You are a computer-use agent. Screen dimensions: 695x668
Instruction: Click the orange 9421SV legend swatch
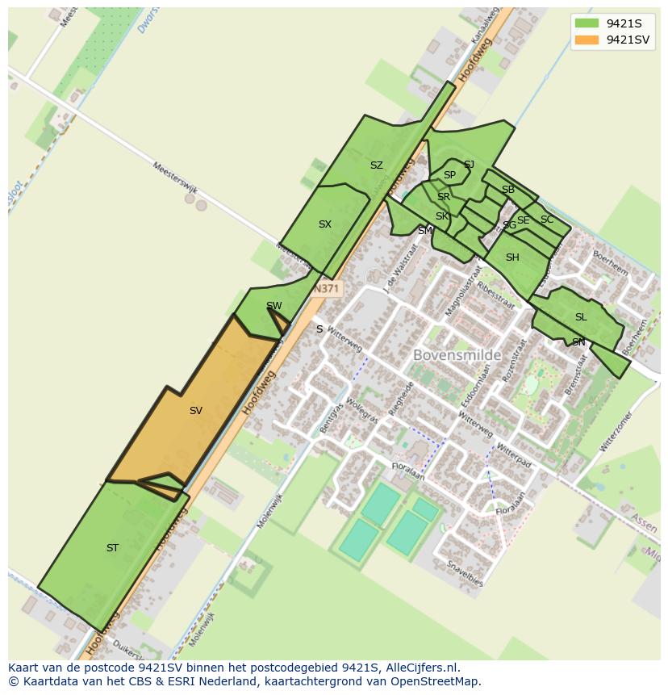[x=587, y=40]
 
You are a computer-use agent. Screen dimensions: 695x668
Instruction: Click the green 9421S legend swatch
[x=587, y=23]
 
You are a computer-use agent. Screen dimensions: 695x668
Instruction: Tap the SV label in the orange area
[x=195, y=411]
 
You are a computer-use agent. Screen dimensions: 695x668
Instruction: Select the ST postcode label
[x=112, y=548]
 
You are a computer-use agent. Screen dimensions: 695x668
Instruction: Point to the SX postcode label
[x=324, y=224]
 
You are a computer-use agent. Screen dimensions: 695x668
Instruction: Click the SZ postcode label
[x=376, y=165]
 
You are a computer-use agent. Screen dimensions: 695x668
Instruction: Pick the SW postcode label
[x=274, y=306]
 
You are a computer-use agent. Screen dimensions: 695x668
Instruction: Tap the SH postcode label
[x=512, y=258]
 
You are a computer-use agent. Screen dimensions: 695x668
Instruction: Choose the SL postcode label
[x=581, y=317]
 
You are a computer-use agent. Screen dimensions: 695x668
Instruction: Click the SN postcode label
[x=578, y=342]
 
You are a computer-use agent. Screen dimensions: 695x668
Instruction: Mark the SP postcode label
[x=449, y=175]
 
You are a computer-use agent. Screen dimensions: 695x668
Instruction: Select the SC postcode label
[x=547, y=220]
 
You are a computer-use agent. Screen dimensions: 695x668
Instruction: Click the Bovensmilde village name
[x=457, y=355]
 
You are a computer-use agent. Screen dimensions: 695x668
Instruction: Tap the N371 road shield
[x=327, y=288]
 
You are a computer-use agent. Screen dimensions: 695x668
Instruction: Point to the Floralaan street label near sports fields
[x=408, y=471]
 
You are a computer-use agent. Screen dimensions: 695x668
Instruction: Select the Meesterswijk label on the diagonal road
[x=175, y=177]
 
